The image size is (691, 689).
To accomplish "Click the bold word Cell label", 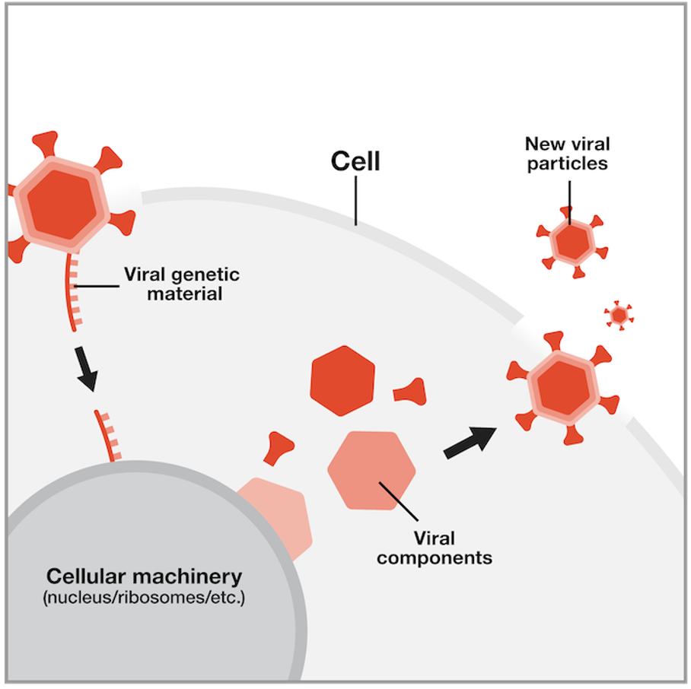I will coord(355,161).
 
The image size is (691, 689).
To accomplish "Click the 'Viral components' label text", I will coord(435,548).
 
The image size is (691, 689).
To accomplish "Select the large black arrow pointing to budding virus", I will coord(470,442).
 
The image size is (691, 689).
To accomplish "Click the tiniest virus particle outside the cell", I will coord(619,314).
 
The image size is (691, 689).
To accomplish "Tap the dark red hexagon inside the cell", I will coord(343,381).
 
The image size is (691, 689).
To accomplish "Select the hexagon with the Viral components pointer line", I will coord(371,470).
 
